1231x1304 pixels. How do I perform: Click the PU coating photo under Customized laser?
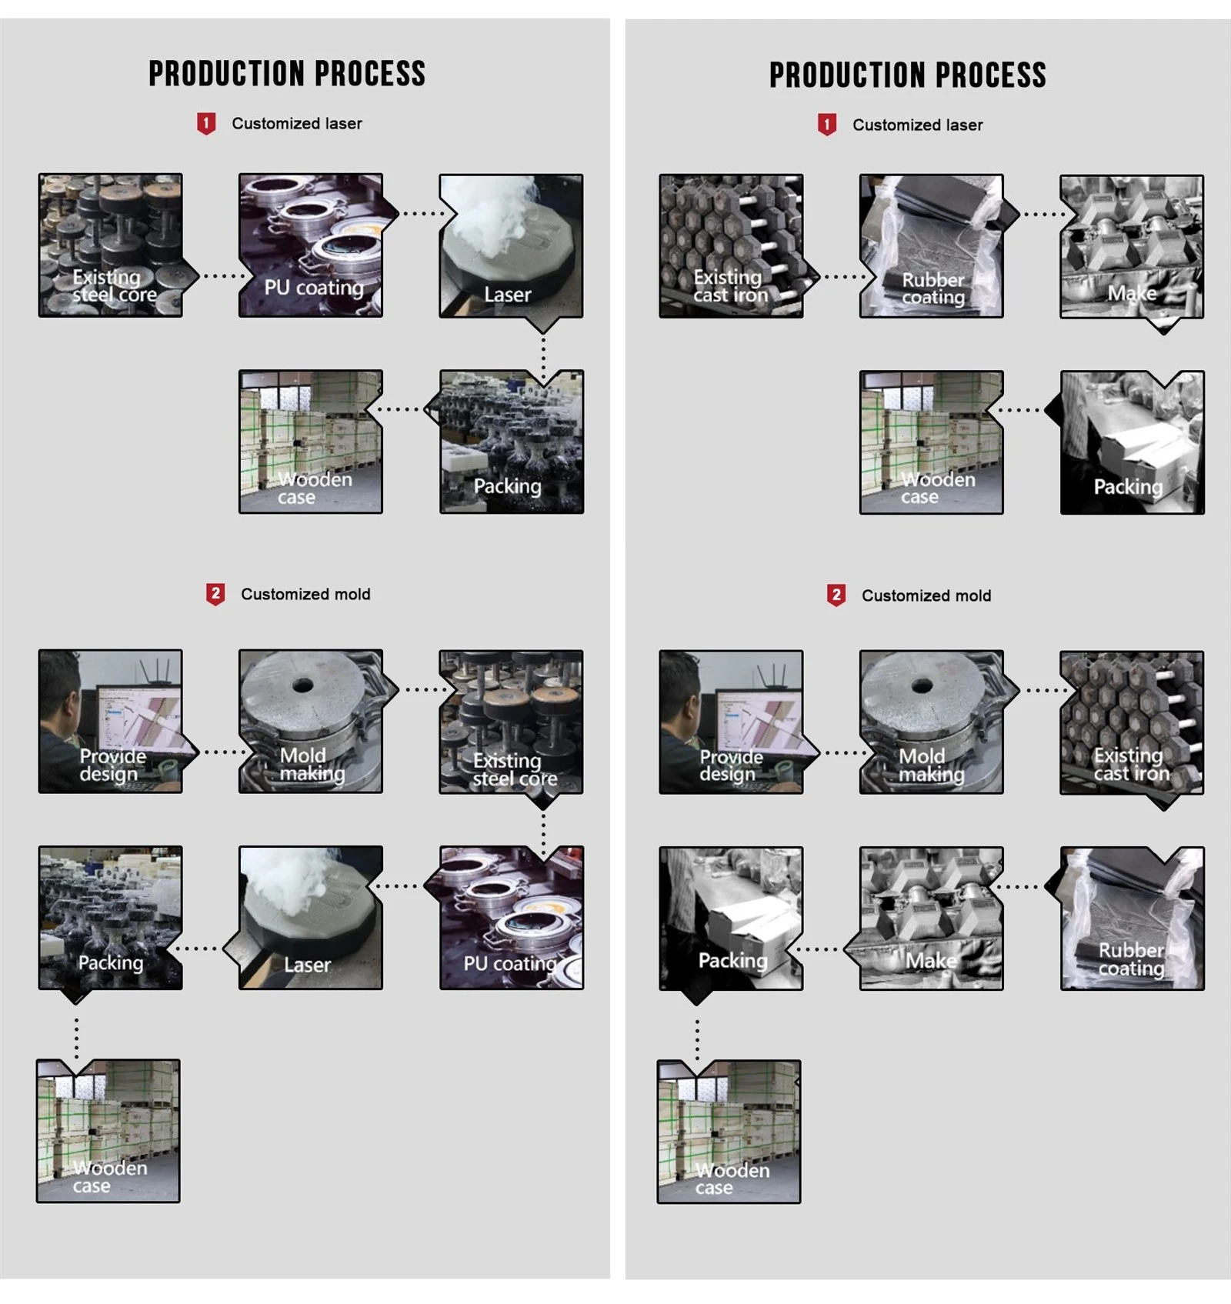(x=311, y=245)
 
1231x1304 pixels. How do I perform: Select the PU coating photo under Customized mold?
(x=512, y=918)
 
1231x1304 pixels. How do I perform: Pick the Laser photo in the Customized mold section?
(x=311, y=918)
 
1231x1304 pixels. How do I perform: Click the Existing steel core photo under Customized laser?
(x=111, y=245)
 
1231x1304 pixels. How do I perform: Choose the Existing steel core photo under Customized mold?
(x=511, y=722)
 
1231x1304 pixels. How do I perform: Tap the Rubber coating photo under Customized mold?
(x=1133, y=919)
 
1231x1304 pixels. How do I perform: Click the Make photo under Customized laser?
(x=1132, y=247)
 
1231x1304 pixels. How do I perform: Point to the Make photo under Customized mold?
(x=932, y=919)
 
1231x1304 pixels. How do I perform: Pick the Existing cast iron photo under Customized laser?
(x=731, y=246)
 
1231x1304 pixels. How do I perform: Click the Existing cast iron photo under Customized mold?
(x=1132, y=722)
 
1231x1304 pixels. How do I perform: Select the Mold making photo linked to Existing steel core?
(x=311, y=721)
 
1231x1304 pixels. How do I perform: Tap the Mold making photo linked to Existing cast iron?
(x=932, y=722)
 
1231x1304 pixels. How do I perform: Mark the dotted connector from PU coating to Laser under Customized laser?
(x=422, y=214)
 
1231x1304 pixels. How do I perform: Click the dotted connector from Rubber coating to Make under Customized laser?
(x=1044, y=215)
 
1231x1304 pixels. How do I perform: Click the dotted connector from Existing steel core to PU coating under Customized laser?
(x=224, y=275)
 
